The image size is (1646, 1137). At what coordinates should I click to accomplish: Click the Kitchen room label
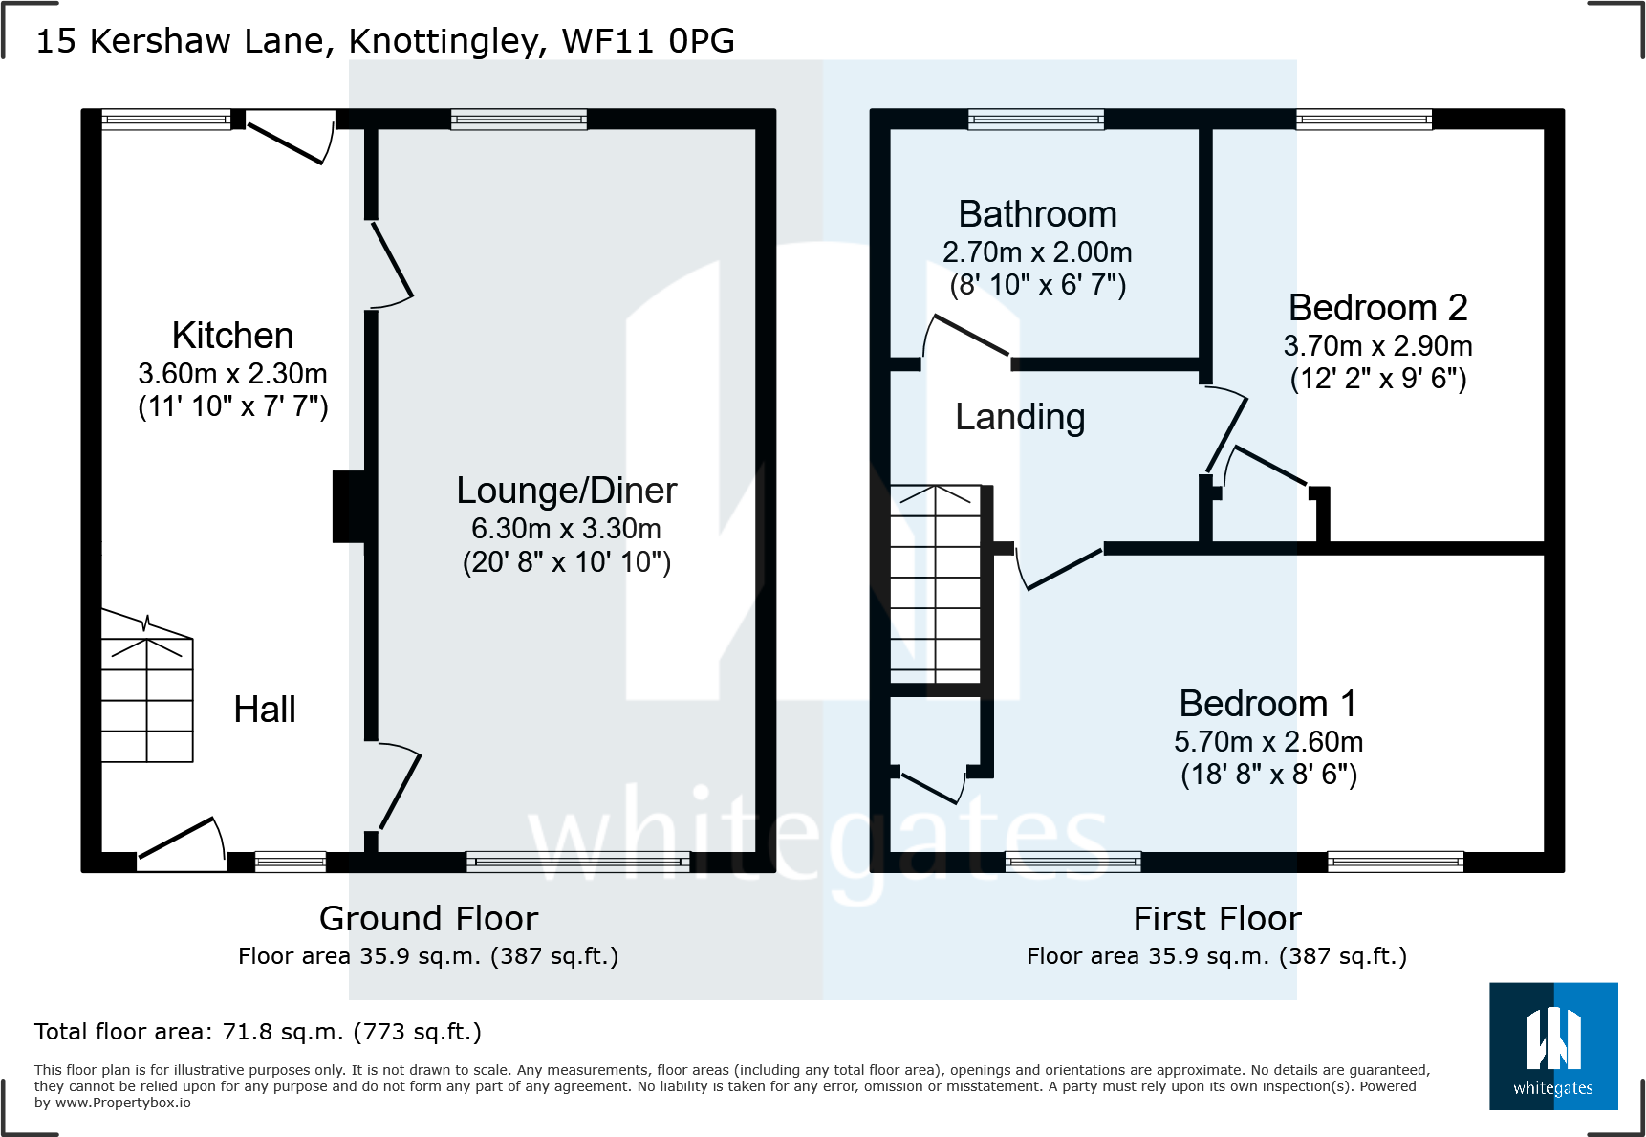(x=232, y=336)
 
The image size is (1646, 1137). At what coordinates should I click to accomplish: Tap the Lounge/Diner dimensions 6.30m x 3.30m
(x=566, y=529)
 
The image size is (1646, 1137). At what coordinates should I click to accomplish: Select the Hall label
(x=265, y=710)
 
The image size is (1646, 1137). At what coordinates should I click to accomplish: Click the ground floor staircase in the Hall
(x=147, y=698)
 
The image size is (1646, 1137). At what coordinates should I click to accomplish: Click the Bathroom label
(x=1037, y=214)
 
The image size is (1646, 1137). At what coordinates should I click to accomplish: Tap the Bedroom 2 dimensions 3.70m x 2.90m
(x=1377, y=346)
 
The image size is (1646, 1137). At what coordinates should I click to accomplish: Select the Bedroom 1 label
(x=1267, y=704)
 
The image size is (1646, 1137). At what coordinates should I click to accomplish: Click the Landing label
(x=1020, y=417)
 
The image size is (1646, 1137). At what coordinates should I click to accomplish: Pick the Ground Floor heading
(x=428, y=918)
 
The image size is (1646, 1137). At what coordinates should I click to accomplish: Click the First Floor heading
(x=1217, y=918)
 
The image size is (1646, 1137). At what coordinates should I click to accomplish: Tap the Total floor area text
(x=258, y=1032)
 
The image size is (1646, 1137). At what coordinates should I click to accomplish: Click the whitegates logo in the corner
(x=1553, y=1046)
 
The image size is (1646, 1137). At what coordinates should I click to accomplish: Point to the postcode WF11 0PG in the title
(x=648, y=41)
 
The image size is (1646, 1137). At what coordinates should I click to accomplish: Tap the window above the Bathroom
(x=1036, y=120)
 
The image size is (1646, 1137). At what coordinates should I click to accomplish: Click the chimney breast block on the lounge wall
(x=348, y=507)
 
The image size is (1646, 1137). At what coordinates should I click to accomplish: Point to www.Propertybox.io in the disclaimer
(x=123, y=1103)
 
